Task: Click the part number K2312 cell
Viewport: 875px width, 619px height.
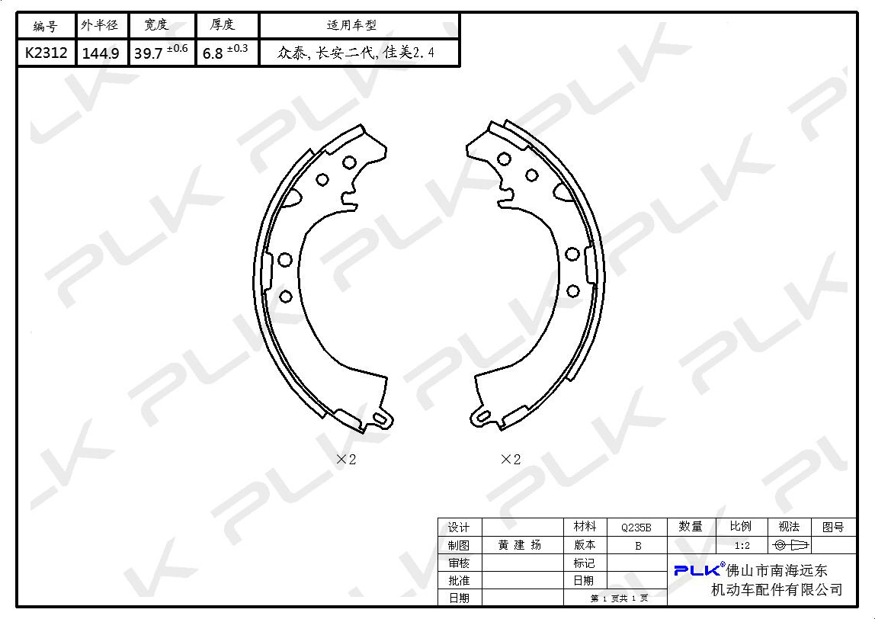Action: coord(46,53)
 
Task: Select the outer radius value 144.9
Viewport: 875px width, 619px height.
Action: coord(101,53)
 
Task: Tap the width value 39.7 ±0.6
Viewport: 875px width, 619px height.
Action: coord(161,52)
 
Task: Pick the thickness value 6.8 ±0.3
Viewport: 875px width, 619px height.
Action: coord(225,52)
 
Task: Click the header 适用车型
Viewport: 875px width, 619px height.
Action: coord(351,25)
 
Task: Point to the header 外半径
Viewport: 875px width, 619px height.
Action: coord(100,25)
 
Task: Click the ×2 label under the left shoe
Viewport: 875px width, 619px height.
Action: coord(346,460)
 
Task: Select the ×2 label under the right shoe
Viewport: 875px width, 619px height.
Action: coord(511,460)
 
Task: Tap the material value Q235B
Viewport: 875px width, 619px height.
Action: coord(636,528)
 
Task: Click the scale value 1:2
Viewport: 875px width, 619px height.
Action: coord(742,545)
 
